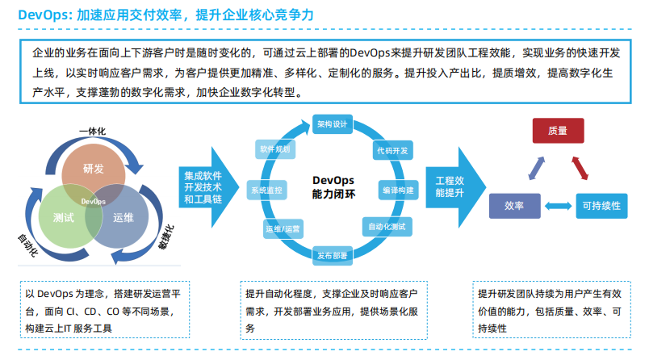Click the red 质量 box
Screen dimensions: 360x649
(x=557, y=131)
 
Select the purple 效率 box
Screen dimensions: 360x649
(x=514, y=207)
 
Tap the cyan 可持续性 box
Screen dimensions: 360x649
(x=601, y=207)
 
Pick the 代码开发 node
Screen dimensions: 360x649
(x=391, y=151)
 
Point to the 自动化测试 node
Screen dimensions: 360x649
(x=387, y=226)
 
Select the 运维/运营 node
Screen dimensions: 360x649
(x=283, y=229)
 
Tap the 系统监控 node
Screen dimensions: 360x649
(x=266, y=190)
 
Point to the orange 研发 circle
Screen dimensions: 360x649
(x=94, y=169)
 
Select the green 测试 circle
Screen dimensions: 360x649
(x=64, y=217)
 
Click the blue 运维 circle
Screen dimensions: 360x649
(x=124, y=217)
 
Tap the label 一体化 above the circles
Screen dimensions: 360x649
(x=93, y=132)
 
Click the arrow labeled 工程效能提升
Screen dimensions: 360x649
(x=454, y=187)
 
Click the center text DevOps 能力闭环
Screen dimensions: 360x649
(x=333, y=187)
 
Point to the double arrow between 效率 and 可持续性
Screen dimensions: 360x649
(x=557, y=207)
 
